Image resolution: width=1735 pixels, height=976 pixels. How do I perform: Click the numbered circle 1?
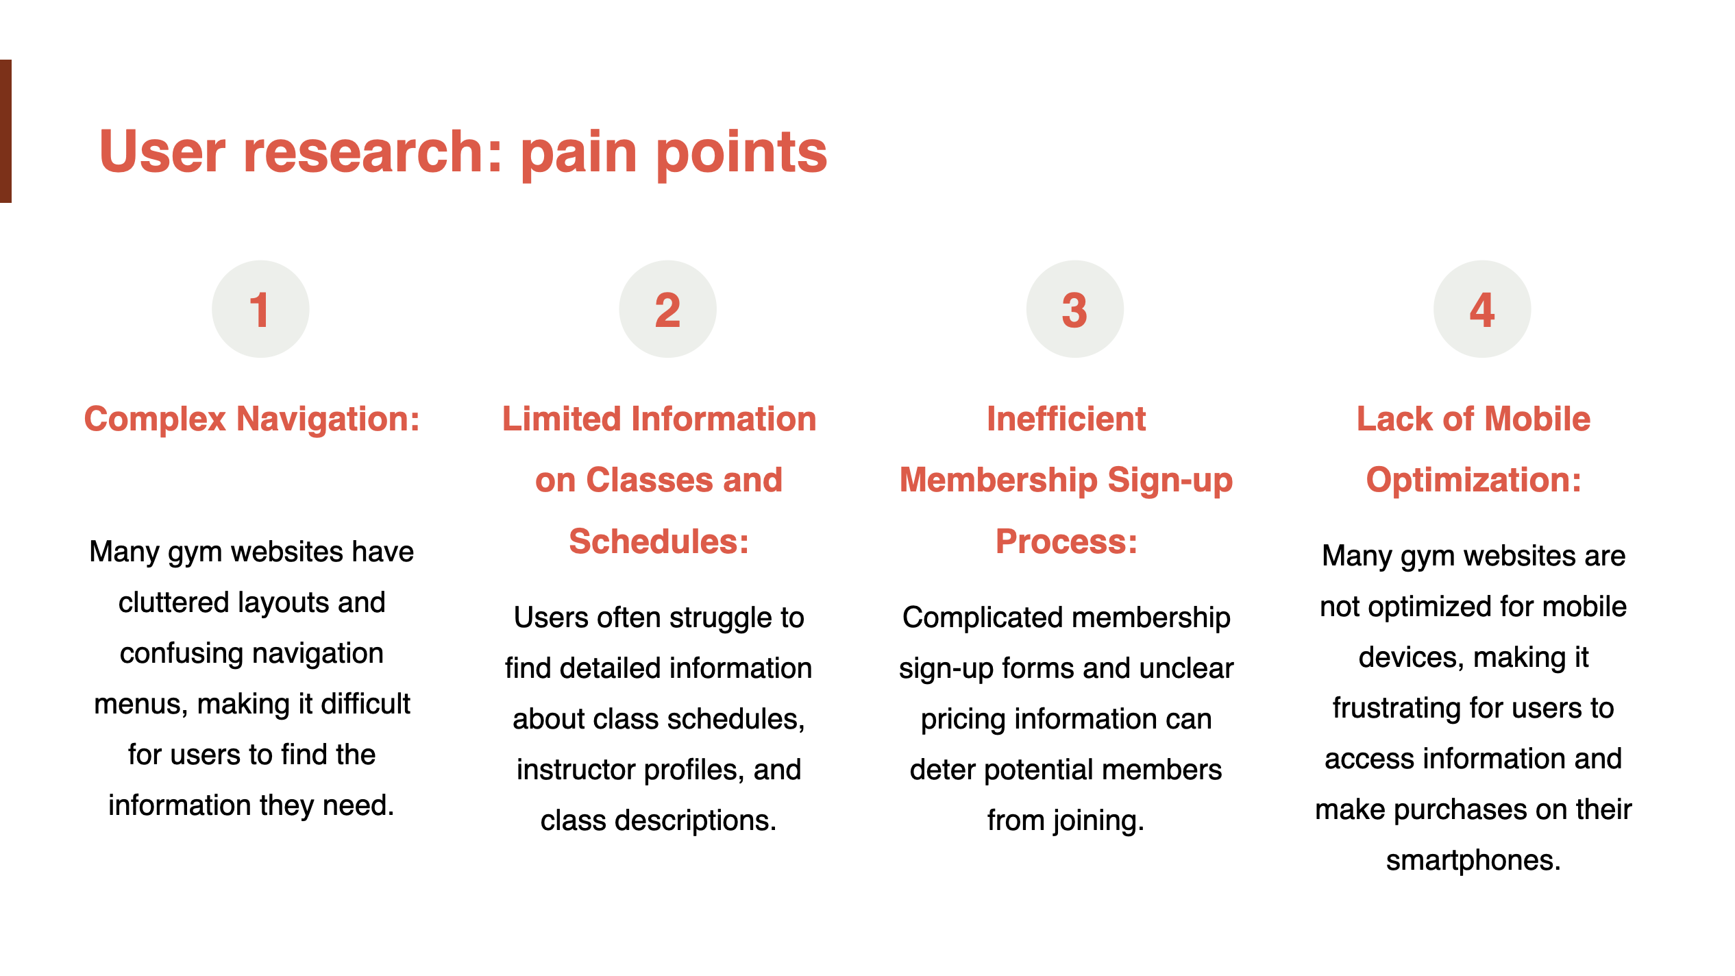(x=260, y=309)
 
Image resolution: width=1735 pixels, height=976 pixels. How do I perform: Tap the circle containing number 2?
(x=667, y=309)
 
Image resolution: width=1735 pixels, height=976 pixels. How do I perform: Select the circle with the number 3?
(x=1074, y=309)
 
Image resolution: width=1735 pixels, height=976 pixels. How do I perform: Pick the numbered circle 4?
(x=1482, y=309)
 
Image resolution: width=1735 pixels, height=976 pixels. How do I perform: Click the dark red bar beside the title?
(x=5, y=131)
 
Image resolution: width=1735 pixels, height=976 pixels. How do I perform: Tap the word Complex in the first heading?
(x=155, y=420)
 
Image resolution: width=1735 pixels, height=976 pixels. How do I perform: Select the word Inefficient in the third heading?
(x=1066, y=419)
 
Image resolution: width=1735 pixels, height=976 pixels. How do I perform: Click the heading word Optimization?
(x=1474, y=480)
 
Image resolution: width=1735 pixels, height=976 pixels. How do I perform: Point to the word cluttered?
(x=173, y=603)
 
